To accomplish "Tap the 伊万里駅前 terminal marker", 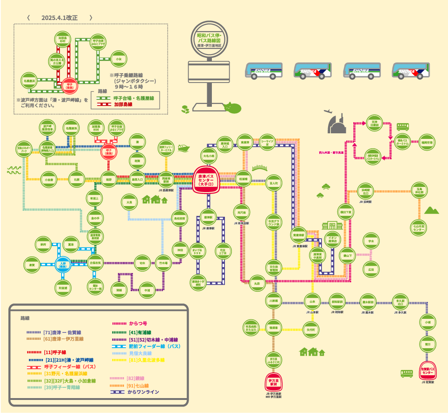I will [274, 381].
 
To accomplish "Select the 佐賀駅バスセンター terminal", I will [428, 371].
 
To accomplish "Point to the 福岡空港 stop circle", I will [427, 141].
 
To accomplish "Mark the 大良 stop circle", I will [130, 202].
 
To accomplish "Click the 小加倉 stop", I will [49, 179].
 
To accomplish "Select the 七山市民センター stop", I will [419, 227].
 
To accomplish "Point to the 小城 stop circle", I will [427, 322].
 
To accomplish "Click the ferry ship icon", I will [183, 148].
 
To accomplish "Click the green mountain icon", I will [431, 210].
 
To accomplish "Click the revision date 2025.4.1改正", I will [59, 18].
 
